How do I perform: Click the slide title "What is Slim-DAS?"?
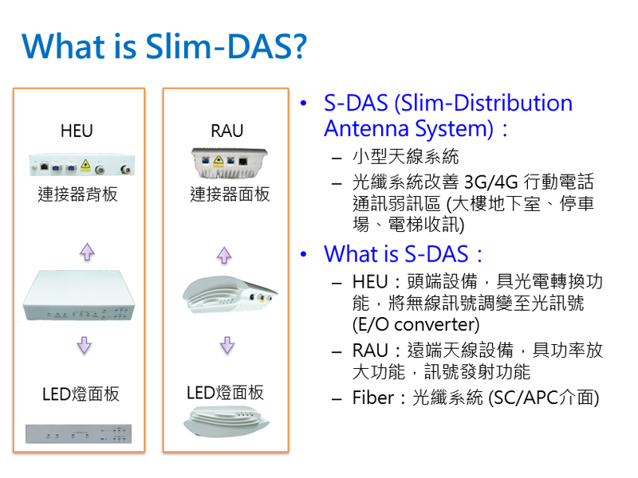[163, 47]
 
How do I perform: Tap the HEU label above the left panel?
[77, 131]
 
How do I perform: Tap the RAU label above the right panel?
[226, 131]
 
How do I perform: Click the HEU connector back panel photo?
[80, 167]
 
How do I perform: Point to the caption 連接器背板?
[78, 194]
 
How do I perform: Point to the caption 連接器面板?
[230, 194]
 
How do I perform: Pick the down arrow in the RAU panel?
[227, 345]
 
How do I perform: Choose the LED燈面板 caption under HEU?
[81, 394]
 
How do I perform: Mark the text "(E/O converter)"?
[415, 325]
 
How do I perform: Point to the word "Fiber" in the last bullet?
[373, 398]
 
